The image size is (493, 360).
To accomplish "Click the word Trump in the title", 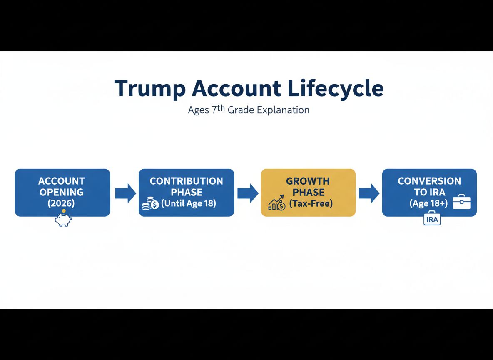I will [147, 88].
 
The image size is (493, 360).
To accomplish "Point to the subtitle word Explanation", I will [283, 110].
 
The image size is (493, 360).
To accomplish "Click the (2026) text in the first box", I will [62, 203].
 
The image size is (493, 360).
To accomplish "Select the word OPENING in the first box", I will [62, 192].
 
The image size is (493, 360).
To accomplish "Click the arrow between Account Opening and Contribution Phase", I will [125, 193].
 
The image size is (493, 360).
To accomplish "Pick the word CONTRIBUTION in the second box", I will [187, 181].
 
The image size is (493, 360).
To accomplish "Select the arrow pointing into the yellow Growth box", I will [248, 193].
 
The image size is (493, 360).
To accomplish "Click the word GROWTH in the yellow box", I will [308, 181].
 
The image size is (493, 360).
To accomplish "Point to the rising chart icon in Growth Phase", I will [276, 203].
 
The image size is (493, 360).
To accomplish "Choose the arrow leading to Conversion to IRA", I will [369, 193].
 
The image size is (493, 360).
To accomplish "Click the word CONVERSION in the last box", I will [429, 181].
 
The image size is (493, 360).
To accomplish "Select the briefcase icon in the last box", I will [461, 202].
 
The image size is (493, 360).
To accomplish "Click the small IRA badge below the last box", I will [432, 220].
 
